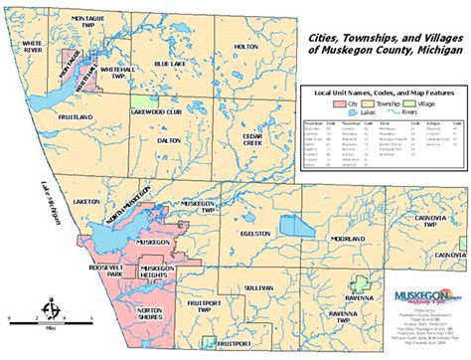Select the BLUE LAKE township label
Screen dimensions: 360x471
click(x=169, y=64)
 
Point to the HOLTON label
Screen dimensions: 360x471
click(x=244, y=48)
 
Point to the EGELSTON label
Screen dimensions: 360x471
click(x=255, y=233)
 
